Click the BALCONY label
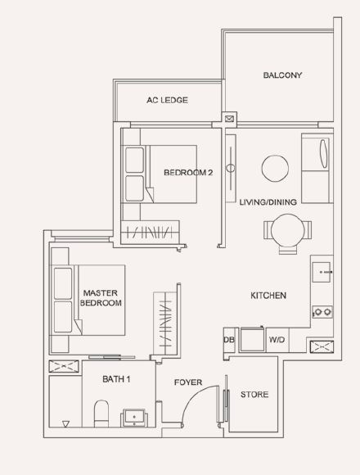point(282,75)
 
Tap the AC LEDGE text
point(167,100)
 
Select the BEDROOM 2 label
point(188,172)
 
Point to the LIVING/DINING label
point(268,202)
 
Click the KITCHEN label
point(268,296)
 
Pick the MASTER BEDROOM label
point(101,298)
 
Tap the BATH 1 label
point(116,379)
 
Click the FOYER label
point(188,382)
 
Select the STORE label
point(254,394)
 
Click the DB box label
point(229,340)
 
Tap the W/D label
point(277,340)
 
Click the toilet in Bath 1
point(101,414)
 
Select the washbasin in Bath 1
point(134,418)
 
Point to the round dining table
point(288,230)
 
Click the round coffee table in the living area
point(275,169)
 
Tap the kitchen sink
point(322,272)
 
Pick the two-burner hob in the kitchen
point(322,312)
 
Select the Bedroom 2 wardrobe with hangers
point(150,232)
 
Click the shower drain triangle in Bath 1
point(65,423)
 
